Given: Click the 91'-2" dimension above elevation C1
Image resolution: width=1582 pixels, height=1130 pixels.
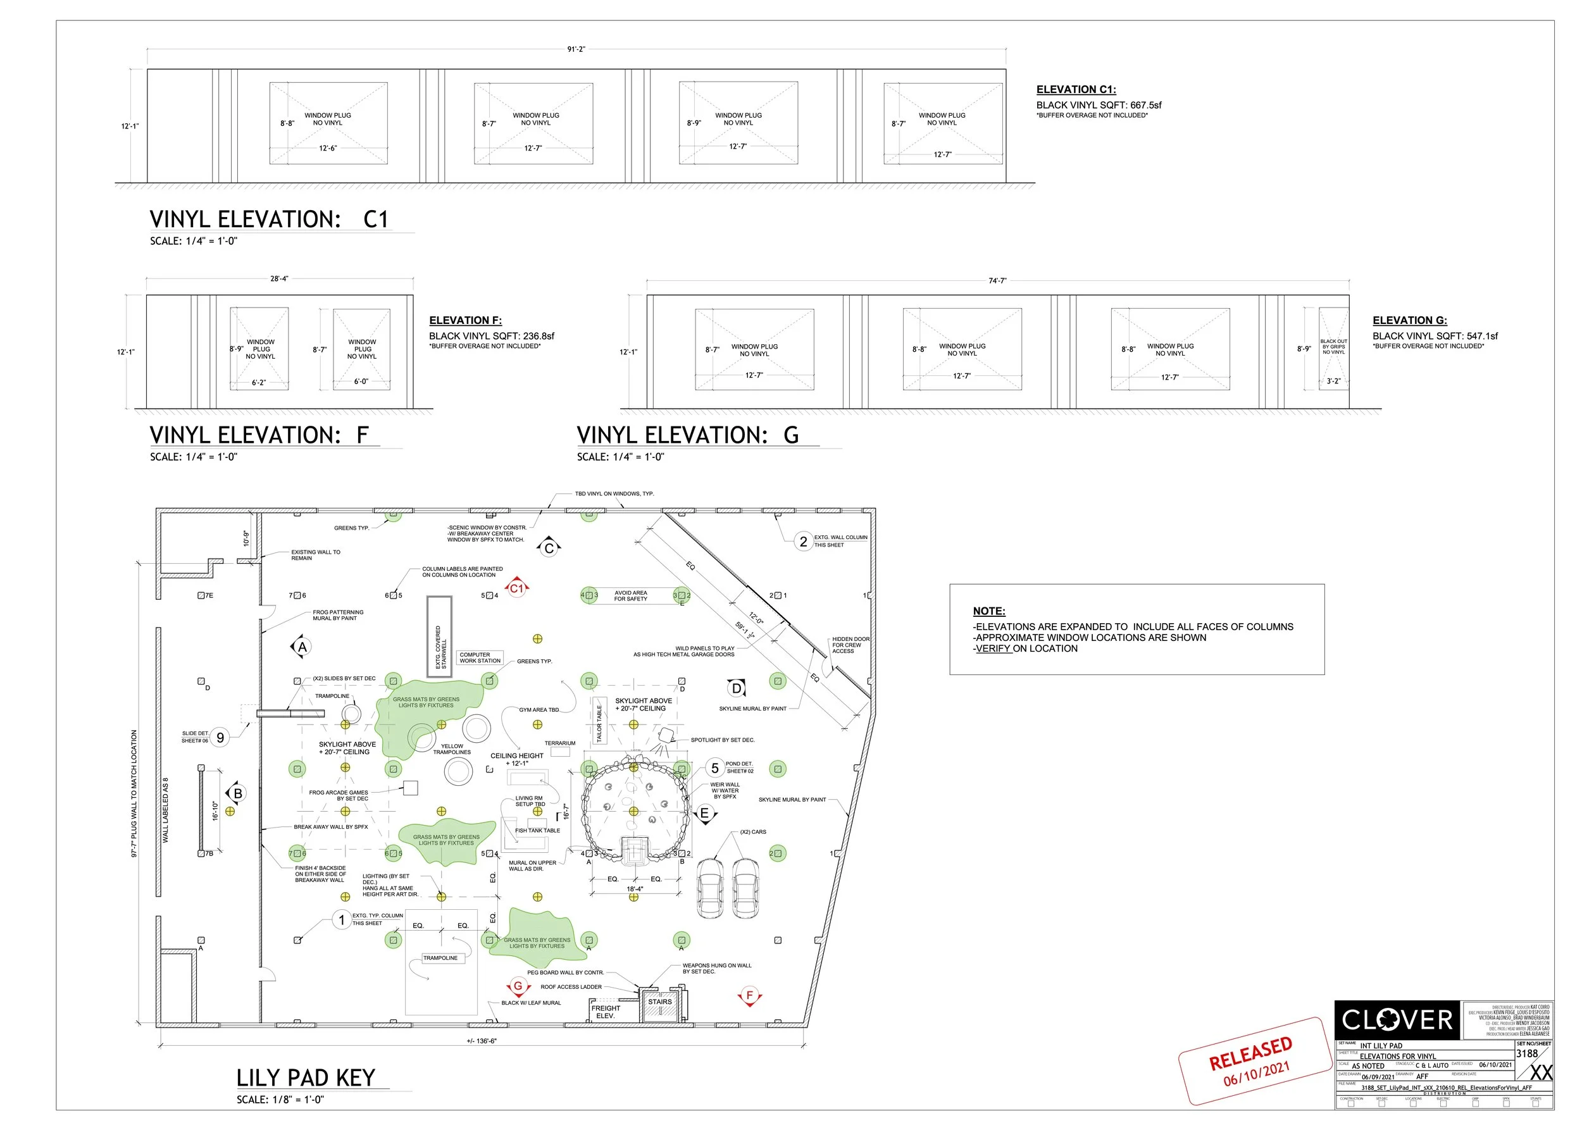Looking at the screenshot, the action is (576, 49).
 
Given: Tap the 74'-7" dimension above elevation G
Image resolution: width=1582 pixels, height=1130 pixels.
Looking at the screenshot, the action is (997, 280).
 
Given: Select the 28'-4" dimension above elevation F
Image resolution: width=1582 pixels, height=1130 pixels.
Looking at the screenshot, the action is (279, 278).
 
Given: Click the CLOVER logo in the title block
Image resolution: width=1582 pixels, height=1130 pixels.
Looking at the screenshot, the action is (1396, 1020).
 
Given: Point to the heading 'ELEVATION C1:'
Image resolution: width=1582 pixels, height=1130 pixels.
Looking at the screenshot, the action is (1075, 90).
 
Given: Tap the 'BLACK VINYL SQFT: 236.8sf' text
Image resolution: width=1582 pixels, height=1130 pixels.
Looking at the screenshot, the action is (492, 336).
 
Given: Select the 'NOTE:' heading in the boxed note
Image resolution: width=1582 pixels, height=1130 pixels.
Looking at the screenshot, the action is (988, 611).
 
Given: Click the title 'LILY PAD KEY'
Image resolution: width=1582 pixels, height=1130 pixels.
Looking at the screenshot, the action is (306, 1078).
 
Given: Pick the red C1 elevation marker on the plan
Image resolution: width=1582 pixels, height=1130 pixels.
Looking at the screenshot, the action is (516, 588).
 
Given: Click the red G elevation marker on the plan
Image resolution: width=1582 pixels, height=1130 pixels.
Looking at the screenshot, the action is (518, 986).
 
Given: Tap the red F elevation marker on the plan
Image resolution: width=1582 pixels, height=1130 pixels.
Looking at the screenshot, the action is (750, 996).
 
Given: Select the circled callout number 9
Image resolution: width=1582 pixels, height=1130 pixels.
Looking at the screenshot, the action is (220, 738).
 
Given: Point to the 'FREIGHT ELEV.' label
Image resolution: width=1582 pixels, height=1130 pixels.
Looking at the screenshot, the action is (606, 1012).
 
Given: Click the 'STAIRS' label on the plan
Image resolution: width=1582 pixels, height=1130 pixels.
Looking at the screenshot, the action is (660, 1002).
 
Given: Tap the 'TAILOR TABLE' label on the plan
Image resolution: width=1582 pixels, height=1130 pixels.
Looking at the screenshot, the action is (599, 723).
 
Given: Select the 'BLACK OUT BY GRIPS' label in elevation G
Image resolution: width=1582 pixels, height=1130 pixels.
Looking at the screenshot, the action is (1333, 347).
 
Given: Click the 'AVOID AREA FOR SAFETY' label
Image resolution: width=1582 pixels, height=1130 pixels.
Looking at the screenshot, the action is (630, 595).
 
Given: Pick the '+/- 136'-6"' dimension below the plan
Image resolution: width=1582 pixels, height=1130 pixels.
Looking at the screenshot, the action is (482, 1041).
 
